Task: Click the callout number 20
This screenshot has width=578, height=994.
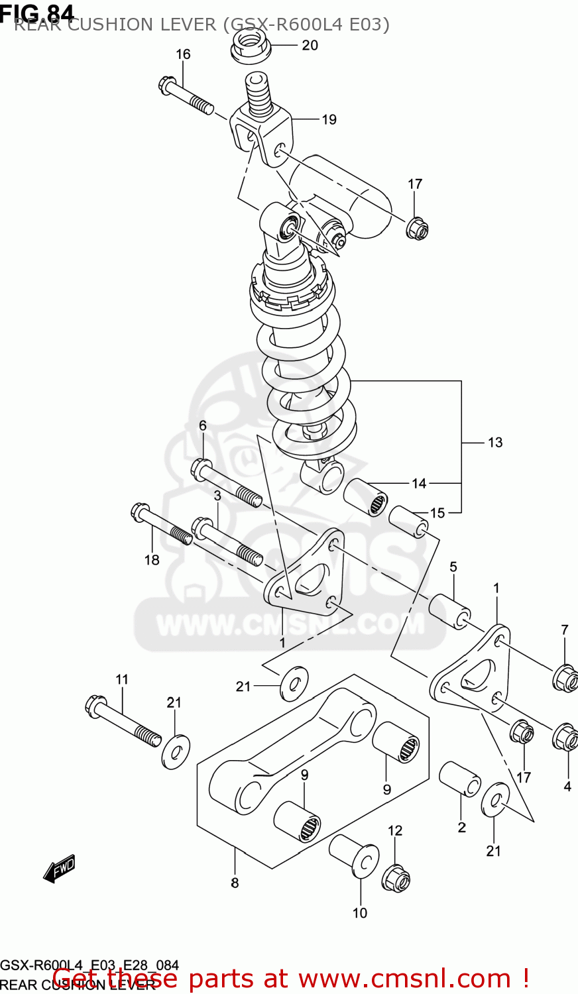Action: click(310, 45)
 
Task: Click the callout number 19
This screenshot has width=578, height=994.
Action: click(329, 119)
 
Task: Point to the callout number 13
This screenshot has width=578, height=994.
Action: click(495, 442)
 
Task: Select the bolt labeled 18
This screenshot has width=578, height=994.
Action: click(162, 525)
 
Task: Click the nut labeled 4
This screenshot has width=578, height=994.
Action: click(565, 736)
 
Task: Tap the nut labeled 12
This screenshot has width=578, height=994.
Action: click(396, 878)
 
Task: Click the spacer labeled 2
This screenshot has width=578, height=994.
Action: click(460, 779)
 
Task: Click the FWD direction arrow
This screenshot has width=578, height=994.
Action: click(60, 869)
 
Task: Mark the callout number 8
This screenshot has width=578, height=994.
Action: click(235, 883)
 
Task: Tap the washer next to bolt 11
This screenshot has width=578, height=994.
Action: click(176, 751)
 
